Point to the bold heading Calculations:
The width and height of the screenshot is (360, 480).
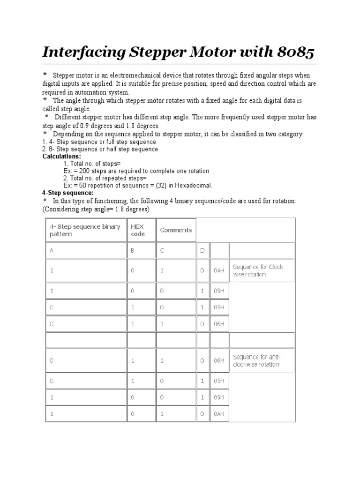61,156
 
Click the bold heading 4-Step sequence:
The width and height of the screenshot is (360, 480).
67,193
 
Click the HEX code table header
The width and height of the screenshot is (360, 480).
138,230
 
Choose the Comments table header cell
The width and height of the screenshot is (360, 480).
176,230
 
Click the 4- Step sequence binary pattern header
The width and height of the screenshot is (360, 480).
85,230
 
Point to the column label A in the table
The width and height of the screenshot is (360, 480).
52,251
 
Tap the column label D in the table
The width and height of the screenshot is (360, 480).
202,251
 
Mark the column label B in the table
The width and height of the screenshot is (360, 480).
133,251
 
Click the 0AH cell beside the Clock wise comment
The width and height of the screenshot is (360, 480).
219,270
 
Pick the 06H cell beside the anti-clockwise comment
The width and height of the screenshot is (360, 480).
219,360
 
